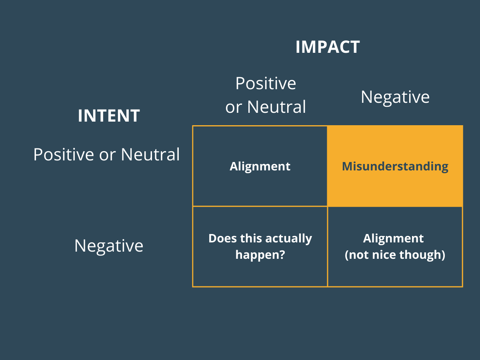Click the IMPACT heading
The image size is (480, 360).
point(328,47)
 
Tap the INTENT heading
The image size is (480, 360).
point(109,116)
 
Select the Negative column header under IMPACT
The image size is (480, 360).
point(395,97)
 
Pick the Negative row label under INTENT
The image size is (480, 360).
point(109,245)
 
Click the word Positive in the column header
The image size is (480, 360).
point(266,83)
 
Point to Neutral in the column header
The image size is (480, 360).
point(276,107)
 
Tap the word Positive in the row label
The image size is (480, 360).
point(64,154)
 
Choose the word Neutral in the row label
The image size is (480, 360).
point(150,154)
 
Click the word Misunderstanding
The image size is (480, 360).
point(395,166)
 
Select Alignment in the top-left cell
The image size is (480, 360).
point(260,166)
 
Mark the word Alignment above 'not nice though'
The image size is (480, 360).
point(394,238)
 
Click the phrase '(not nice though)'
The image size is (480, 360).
point(395,255)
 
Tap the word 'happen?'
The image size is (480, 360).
point(260,255)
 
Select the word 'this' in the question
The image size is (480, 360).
point(248,238)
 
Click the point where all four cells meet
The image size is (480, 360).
point(328,206)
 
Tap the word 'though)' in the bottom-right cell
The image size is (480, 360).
point(428,255)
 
